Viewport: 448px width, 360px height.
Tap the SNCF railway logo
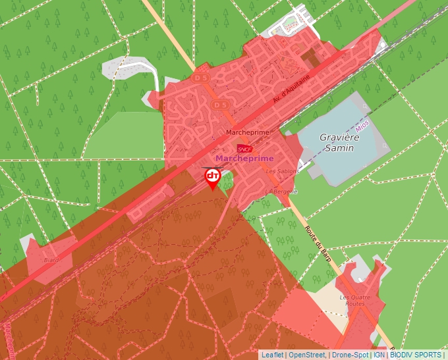(245, 149)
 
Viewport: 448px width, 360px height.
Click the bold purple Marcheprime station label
(244, 159)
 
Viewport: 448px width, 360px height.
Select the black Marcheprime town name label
(248, 132)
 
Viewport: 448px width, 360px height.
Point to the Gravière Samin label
(337, 143)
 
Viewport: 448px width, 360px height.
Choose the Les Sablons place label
(281, 171)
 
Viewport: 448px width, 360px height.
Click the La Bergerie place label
(281, 192)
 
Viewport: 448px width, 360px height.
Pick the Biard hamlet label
(51, 260)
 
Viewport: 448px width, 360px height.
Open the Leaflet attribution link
(272, 355)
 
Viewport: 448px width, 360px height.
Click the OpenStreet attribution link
(307, 355)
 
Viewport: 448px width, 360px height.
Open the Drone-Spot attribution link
(349, 355)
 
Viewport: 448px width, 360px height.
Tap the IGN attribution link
(379, 355)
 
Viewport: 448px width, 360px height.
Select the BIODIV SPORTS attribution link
(416, 355)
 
